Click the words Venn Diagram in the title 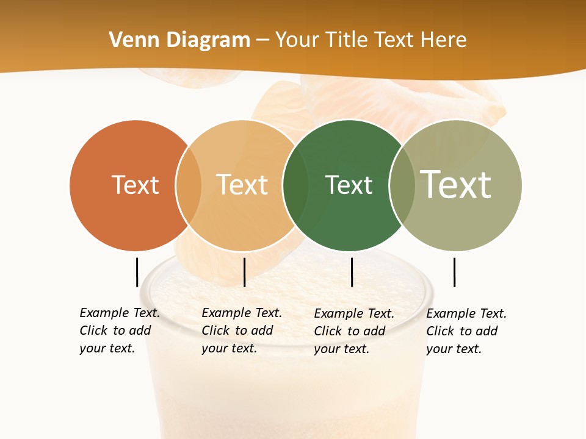179,40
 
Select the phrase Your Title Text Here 371,40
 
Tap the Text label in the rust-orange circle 135,185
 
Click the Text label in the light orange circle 242,185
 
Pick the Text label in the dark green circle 349,185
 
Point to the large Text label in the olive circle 456,184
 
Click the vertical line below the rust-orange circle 137,272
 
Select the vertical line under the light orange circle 244,272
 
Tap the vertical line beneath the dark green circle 352,272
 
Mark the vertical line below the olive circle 454,272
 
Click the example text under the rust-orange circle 120,330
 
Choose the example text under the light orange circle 242,330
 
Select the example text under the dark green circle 354,331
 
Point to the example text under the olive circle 466,331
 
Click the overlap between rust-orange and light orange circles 189,185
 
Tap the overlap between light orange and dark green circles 295,185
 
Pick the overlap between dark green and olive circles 402,185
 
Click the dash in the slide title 262,41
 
